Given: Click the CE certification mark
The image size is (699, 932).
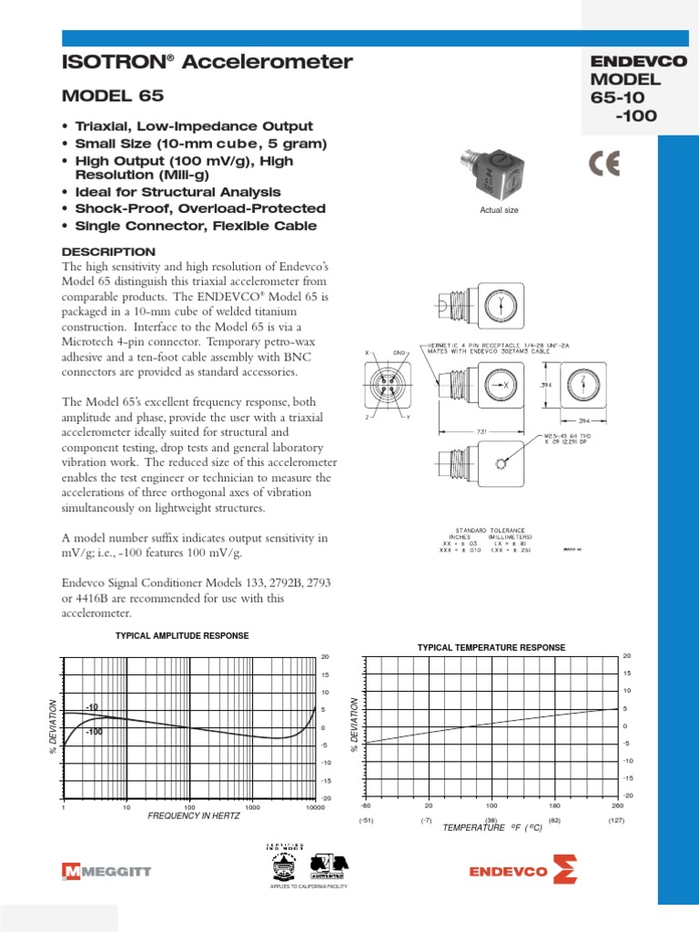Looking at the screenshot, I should [x=604, y=164].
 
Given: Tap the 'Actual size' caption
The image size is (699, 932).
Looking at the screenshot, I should [x=498, y=210].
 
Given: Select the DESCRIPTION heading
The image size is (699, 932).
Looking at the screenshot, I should [x=107, y=251].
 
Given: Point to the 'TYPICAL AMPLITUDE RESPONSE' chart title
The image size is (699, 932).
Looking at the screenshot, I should [x=181, y=634].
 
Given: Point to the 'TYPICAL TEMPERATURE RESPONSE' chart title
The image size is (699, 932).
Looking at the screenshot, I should [x=491, y=647].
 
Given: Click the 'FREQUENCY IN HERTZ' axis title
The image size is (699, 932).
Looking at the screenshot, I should [x=193, y=815].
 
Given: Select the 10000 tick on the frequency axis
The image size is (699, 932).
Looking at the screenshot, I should [x=315, y=807].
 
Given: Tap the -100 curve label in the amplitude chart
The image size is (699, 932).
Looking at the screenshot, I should [x=94, y=732].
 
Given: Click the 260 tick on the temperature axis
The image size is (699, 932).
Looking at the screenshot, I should [x=616, y=805].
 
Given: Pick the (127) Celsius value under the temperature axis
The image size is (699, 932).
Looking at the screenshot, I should [x=615, y=820].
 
